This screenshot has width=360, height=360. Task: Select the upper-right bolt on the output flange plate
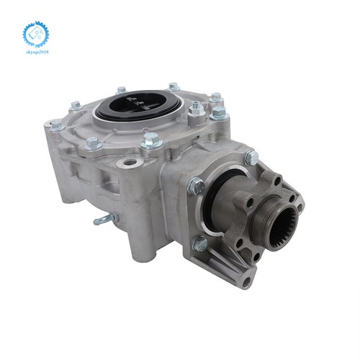coord(251,158)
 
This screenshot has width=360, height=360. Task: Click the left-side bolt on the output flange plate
coord(196,186)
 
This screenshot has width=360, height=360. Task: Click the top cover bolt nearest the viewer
coord(150,141)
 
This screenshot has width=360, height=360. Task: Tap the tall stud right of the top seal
coord(195,108)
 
